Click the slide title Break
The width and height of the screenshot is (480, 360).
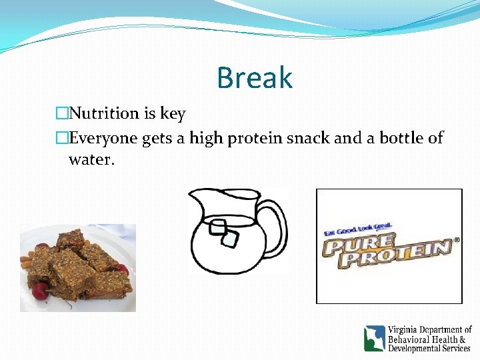pos(254,78)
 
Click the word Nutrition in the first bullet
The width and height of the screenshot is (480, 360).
pos(103,113)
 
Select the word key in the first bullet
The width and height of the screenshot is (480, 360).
pos(173,114)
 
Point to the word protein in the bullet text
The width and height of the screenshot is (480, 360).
pos(257,139)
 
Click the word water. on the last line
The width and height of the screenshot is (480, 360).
pos(91,160)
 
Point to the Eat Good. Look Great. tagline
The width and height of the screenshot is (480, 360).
pos(358,229)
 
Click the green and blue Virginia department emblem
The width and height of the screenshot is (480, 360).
pos(375,338)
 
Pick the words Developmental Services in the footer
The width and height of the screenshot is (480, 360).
pos(429,348)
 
